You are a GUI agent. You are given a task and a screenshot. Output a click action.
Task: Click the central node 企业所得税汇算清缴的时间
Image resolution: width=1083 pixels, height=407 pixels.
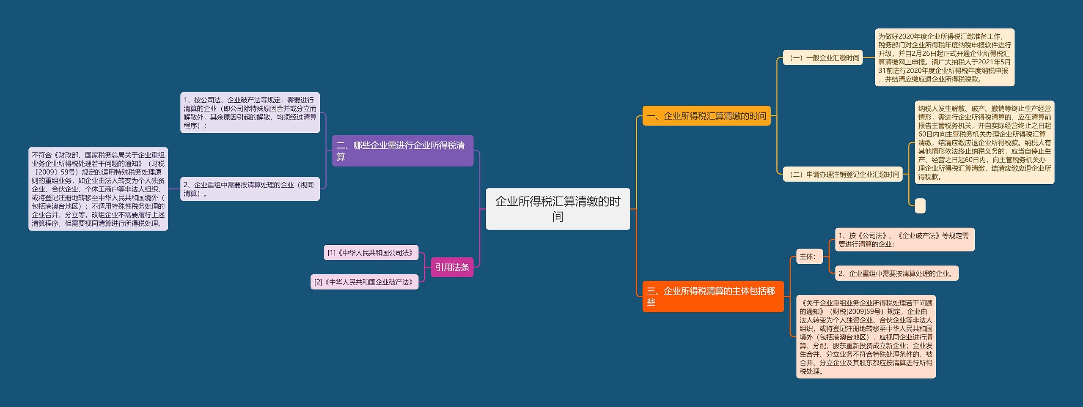[558, 209]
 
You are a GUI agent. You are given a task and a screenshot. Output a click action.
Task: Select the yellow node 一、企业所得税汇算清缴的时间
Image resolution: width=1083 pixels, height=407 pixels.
[706, 116]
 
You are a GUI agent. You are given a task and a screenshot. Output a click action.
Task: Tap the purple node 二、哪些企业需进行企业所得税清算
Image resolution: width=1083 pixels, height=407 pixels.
[402, 151]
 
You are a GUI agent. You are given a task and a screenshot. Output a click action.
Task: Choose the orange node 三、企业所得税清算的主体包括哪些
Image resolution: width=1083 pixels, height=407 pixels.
[713, 296]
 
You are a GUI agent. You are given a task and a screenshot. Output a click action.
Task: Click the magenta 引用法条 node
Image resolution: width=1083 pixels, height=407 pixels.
[452, 267]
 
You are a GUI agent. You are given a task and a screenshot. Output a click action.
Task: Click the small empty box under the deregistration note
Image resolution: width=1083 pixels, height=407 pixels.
[920, 206]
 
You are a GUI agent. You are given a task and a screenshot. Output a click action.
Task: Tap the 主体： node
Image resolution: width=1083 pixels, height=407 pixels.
[809, 256]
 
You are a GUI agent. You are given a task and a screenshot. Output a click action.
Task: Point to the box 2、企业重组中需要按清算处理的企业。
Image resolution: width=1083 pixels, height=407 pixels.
[896, 273]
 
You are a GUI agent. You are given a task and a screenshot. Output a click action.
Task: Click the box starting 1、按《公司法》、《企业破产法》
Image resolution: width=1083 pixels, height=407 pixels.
[904, 240]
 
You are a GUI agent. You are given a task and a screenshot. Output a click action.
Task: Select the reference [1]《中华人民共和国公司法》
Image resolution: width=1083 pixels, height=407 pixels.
[371, 253]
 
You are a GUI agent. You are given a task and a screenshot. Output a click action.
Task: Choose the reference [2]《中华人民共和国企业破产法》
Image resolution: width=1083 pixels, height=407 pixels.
[364, 282]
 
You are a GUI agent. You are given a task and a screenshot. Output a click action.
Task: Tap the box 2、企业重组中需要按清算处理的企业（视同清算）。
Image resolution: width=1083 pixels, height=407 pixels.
[250, 189]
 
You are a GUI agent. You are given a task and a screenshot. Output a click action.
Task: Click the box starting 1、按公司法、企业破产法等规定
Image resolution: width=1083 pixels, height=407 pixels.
[250, 113]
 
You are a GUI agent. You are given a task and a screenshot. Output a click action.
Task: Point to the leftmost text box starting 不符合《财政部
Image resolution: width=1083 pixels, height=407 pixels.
[98, 189]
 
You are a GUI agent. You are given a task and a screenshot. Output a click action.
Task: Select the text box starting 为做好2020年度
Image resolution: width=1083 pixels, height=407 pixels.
[944, 57]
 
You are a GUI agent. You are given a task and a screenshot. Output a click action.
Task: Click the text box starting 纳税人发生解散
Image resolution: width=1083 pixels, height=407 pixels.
[984, 142]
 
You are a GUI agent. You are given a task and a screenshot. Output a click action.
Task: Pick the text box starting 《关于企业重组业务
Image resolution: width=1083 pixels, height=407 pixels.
[866, 337]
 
